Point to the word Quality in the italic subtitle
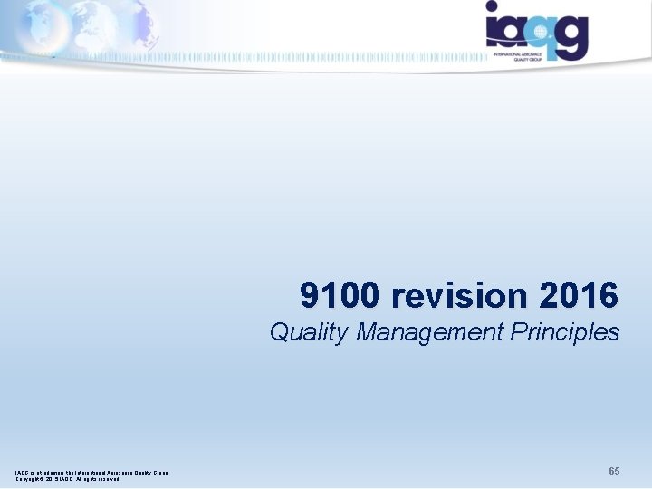[309, 332]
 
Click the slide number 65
[614, 471]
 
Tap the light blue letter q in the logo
[541, 34]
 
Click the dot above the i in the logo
[492, 7]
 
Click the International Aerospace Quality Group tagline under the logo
[527, 58]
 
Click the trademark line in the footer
[91, 472]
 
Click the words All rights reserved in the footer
[99, 479]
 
